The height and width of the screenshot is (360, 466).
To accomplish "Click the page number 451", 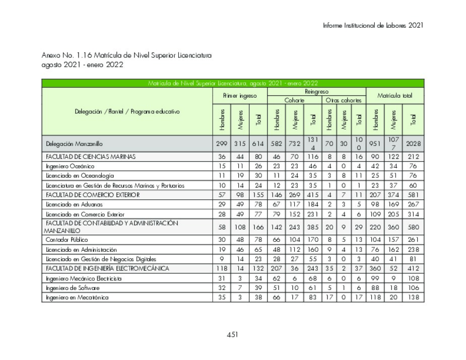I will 232,334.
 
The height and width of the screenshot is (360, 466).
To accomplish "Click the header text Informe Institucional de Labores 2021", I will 373,25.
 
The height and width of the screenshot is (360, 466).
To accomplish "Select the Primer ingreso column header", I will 239,96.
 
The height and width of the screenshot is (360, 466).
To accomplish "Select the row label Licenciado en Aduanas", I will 74,204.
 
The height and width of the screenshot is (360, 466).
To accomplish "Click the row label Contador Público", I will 66,240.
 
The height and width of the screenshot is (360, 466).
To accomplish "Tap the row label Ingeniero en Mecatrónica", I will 77,298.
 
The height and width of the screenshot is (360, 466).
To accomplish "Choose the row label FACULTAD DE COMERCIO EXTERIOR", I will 93,194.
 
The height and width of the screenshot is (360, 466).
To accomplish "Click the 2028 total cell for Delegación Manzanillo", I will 413,144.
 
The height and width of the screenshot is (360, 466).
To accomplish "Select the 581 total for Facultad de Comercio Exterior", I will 413,194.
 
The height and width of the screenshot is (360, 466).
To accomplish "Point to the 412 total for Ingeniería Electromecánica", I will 413,268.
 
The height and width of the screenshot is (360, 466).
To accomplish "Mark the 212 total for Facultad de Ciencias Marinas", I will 413,157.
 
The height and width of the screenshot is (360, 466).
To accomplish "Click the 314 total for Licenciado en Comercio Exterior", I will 413,214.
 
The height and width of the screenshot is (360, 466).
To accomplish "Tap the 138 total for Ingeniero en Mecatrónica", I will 413,298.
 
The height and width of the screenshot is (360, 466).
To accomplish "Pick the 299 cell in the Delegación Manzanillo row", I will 222,144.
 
